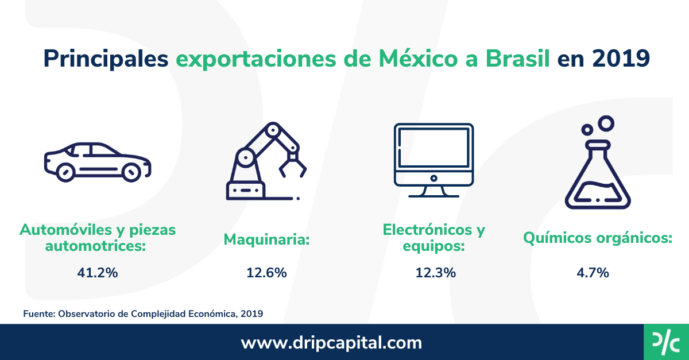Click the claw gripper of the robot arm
click(293, 167)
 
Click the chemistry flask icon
click(597, 172)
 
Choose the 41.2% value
click(98, 273)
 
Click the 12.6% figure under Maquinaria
click(266, 273)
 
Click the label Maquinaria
click(266, 239)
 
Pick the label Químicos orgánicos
click(597, 238)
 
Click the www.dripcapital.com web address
click(331, 343)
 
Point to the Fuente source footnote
click(143, 313)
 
